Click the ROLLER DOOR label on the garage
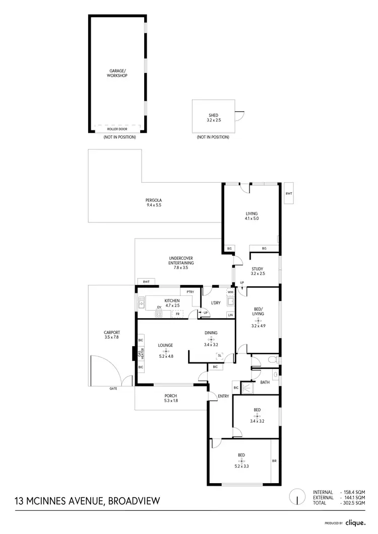tap(117, 129)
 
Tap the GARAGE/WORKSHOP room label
tap(117, 73)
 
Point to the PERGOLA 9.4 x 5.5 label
tap(154, 203)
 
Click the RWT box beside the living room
tap(289, 194)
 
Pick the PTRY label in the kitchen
tap(190, 292)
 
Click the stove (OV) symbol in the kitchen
tap(159, 314)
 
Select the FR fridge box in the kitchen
tap(177, 314)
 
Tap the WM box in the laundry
tap(230, 292)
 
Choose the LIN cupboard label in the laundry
tap(230, 315)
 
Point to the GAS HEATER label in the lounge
tap(141, 353)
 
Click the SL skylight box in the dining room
tap(219, 355)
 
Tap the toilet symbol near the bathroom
tap(272, 360)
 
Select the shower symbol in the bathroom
tap(247, 387)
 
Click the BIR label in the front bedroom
tap(274, 461)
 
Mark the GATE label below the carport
tap(113, 389)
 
